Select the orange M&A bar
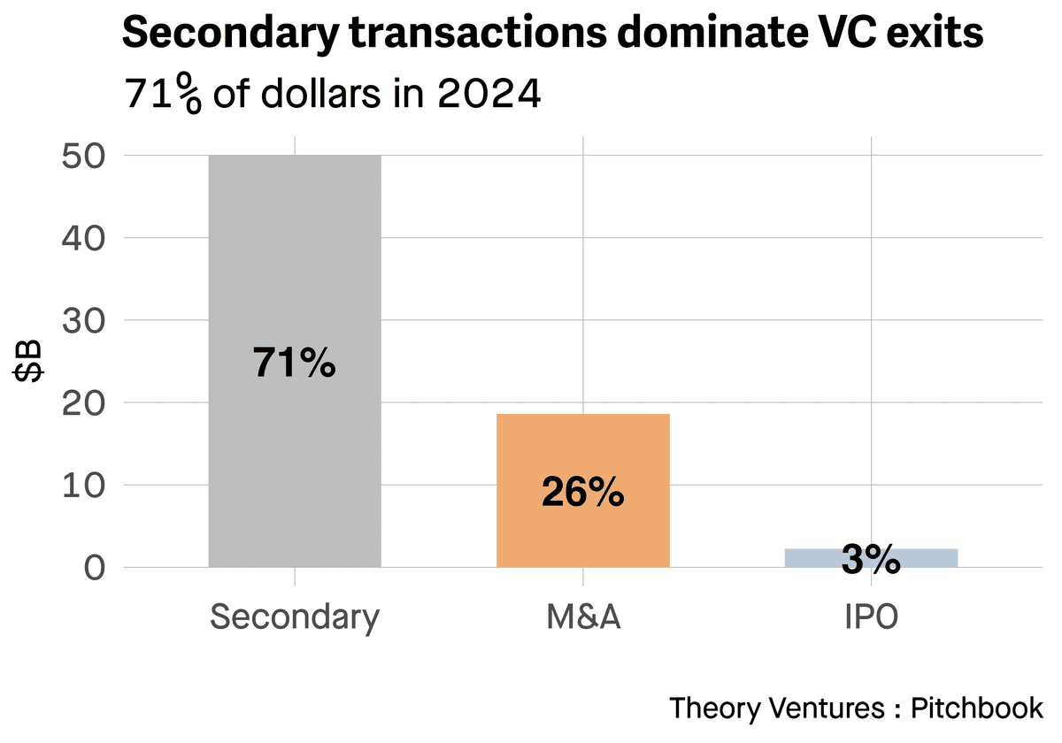[x=582, y=451]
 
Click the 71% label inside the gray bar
[x=295, y=364]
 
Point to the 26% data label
[x=582, y=494]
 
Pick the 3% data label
[x=871, y=560]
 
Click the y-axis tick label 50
[x=84, y=156]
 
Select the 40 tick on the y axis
[x=84, y=238]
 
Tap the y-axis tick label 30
[x=84, y=320]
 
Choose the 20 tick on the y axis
[x=84, y=402]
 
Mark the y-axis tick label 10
[x=84, y=485]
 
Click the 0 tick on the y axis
[x=96, y=567]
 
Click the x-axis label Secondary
[x=295, y=617]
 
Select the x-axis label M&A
[x=582, y=617]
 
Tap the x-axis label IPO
[x=871, y=617]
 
